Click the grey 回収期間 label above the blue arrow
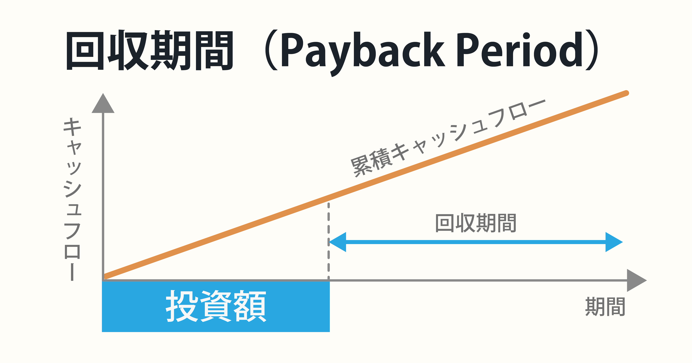[x=476, y=223]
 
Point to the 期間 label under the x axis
[x=605, y=307]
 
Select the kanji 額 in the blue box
[x=250, y=306]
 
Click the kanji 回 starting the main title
[x=85, y=50]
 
